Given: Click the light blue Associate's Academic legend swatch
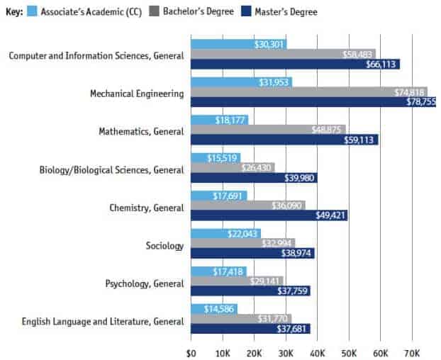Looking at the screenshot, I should click(33, 11).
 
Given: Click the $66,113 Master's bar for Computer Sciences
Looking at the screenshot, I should click(295, 64).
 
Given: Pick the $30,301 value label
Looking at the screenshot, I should click(270, 44).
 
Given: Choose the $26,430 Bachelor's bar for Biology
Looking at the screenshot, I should click(233, 168).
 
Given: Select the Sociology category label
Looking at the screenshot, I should click(164, 246).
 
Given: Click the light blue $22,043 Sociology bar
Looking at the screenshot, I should click(225, 234).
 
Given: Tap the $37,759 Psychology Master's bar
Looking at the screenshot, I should click(250, 291).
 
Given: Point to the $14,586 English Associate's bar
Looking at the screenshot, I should click(213, 309).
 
